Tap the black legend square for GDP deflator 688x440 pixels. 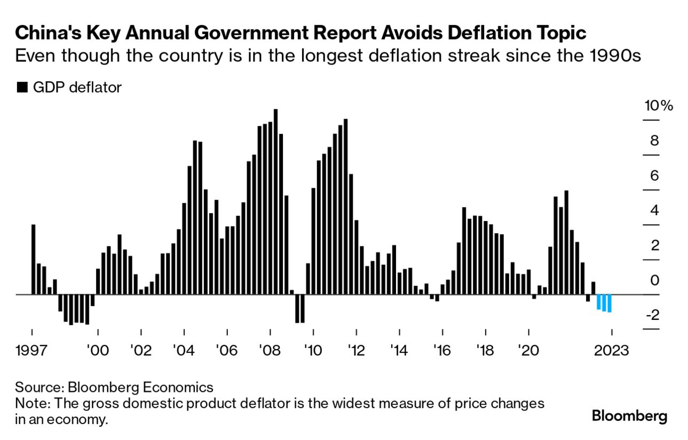pos(22,88)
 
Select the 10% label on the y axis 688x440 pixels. pos(658,105)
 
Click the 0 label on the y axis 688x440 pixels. pos(655,280)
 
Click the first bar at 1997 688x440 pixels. pos(33,259)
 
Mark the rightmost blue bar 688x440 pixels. pos(609,303)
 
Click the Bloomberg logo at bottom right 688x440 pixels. pos(630,415)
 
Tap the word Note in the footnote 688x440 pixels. pos(30,403)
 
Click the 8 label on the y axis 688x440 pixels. pos(655,140)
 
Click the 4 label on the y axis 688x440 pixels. pos(655,210)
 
